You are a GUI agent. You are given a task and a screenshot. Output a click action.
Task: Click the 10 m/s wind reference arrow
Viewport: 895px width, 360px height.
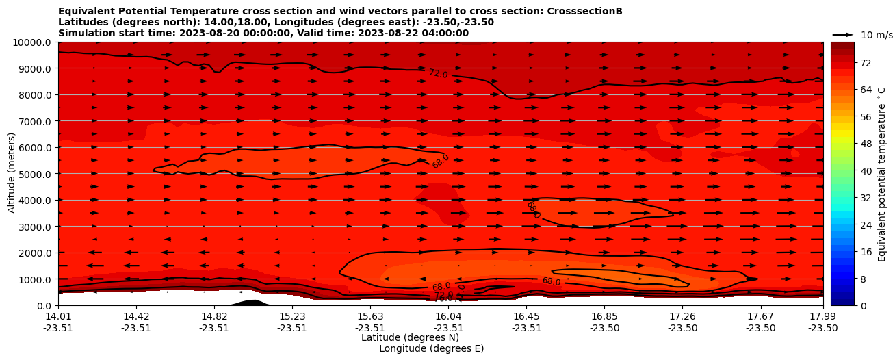[x=843, y=35]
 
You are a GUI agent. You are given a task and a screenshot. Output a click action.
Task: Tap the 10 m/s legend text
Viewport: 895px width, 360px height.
[x=876, y=35]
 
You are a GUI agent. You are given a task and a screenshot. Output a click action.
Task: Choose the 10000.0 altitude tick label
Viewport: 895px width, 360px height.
[x=33, y=42]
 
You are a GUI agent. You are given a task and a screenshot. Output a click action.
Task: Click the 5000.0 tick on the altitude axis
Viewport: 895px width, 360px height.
[x=36, y=174]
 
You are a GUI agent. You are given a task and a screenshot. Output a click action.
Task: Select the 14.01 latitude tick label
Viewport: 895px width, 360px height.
[x=58, y=316]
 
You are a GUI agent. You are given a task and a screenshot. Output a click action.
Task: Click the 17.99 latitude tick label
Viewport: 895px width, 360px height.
[x=822, y=316]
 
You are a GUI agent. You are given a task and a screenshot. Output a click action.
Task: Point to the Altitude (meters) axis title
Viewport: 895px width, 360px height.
[x=12, y=173]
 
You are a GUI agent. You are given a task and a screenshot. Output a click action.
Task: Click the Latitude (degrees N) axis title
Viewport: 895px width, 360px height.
[x=410, y=337]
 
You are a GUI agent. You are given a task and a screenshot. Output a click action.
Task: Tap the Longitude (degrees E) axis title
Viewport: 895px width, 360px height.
[x=431, y=348]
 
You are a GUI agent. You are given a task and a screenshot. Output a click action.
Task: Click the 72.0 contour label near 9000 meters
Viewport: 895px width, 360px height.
[x=438, y=73]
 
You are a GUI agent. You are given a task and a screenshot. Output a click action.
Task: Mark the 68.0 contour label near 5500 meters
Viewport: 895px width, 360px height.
[x=441, y=162]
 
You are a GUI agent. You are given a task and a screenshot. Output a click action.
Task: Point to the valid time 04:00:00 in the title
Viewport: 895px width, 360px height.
[x=446, y=33]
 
